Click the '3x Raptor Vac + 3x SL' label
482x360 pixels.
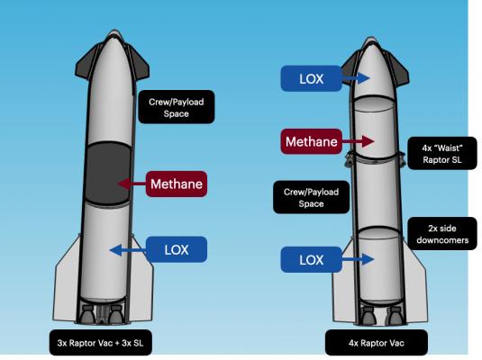[101, 343]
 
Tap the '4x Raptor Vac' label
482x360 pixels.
[377, 343]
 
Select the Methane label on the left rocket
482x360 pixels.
[177, 184]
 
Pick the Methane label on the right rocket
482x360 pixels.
[312, 141]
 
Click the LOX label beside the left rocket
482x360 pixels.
[177, 249]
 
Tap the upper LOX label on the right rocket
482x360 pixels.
[312, 78]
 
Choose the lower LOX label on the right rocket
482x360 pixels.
[312, 259]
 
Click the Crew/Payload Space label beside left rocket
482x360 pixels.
[177, 107]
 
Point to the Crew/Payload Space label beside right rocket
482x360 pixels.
[312, 197]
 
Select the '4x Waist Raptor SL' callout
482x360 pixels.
[442, 154]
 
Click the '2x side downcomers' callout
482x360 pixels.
[442, 234]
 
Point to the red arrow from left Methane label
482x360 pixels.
[132, 184]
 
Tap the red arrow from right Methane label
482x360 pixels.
[358, 141]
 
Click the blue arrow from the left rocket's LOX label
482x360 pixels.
[128, 250]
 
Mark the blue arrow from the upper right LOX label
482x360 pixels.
[356, 78]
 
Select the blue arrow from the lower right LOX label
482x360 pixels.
[358, 259]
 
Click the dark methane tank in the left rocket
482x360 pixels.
[107, 173]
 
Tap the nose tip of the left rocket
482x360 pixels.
[115, 30]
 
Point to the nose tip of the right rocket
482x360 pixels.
[370, 38]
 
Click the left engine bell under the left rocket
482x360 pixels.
[87, 315]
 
